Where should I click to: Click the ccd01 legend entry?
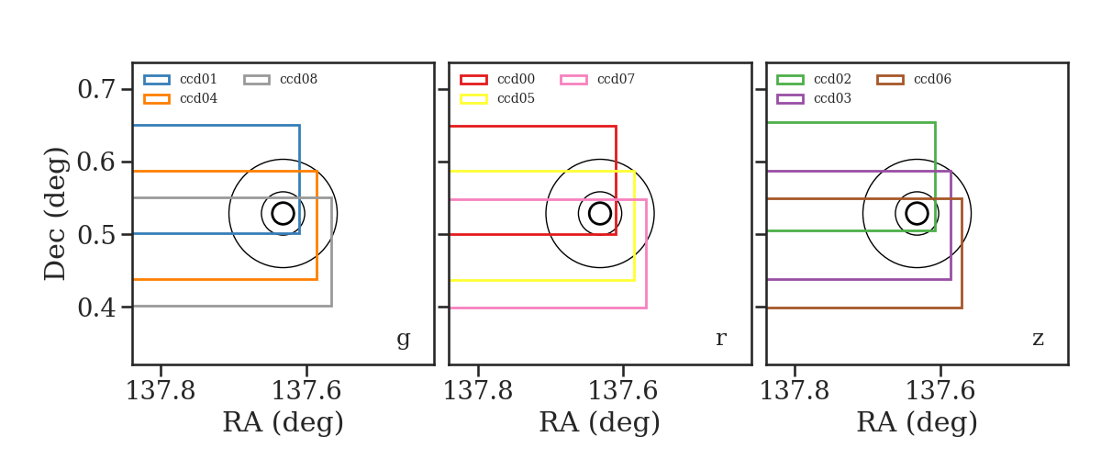click(x=180, y=79)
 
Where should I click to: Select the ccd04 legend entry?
click(x=180, y=98)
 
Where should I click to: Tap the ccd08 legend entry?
click(x=280, y=79)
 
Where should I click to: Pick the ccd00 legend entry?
click(x=497, y=79)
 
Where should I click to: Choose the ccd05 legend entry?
click(x=497, y=98)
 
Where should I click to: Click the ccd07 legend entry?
click(x=597, y=79)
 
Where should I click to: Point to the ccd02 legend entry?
click(x=814, y=79)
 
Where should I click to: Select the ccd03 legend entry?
click(x=814, y=98)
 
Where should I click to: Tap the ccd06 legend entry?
click(x=914, y=79)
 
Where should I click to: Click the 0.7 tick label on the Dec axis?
click(x=96, y=90)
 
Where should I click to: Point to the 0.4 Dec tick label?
click(x=96, y=308)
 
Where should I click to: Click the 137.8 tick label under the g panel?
click(x=161, y=391)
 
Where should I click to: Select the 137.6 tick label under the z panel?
click(x=940, y=391)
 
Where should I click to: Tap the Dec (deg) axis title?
click(x=54, y=214)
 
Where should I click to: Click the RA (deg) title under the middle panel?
click(x=600, y=422)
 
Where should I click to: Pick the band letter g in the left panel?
click(x=403, y=339)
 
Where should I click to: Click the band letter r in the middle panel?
click(x=720, y=339)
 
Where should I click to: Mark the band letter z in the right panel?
click(x=1038, y=339)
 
